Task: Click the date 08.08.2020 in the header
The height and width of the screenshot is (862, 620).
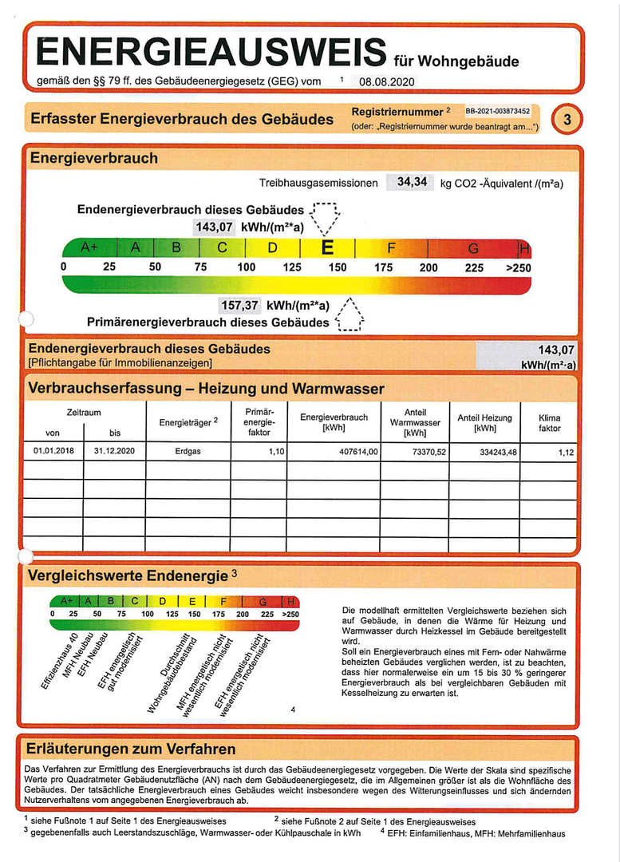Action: pyautogui.click(x=387, y=81)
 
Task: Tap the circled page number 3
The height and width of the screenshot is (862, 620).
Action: pyautogui.click(x=567, y=120)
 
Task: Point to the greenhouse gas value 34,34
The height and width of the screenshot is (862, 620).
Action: pyautogui.click(x=412, y=182)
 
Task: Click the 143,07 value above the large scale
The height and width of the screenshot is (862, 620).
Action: pyautogui.click(x=214, y=227)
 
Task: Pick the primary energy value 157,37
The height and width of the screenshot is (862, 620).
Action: pyautogui.click(x=240, y=305)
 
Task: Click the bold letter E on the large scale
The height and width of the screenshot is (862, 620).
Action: pyautogui.click(x=327, y=247)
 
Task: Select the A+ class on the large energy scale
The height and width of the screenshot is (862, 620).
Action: pyautogui.click(x=89, y=248)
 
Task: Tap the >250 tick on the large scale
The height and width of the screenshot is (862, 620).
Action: pyautogui.click(x=518, y=267)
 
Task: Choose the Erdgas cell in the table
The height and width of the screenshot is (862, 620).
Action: pyautogui.click(x=188, y=451)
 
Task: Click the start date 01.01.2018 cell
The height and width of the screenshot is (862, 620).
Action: pyautogui.click(x=53, y=451)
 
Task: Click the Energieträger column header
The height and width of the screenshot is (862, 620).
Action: pyautogui.click(x=188, y=421)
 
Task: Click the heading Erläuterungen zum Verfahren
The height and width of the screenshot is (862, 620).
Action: pyautogui.click(x=131, y=749)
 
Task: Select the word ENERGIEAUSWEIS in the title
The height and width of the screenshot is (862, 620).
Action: pyautogui.click(x=211, y=53)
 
